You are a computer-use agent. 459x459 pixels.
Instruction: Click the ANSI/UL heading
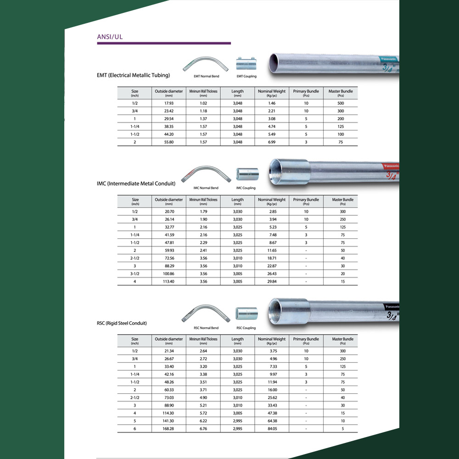pos(110,37)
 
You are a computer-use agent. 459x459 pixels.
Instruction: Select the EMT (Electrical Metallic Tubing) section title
pos(133,75)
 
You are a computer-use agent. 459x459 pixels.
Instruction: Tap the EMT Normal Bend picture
pos(206,64)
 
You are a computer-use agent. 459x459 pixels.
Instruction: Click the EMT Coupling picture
pos(246,63)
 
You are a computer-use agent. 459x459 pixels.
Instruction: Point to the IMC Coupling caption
pos(246,188)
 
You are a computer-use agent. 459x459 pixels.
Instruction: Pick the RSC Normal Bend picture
pos(206,314)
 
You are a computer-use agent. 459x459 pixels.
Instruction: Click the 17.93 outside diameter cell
pos(169,103)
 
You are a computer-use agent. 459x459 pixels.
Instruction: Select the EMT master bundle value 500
pos(341,103)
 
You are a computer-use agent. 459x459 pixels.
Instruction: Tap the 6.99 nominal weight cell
pos(272,142)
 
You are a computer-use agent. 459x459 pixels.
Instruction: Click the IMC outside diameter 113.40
pos(168,282)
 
